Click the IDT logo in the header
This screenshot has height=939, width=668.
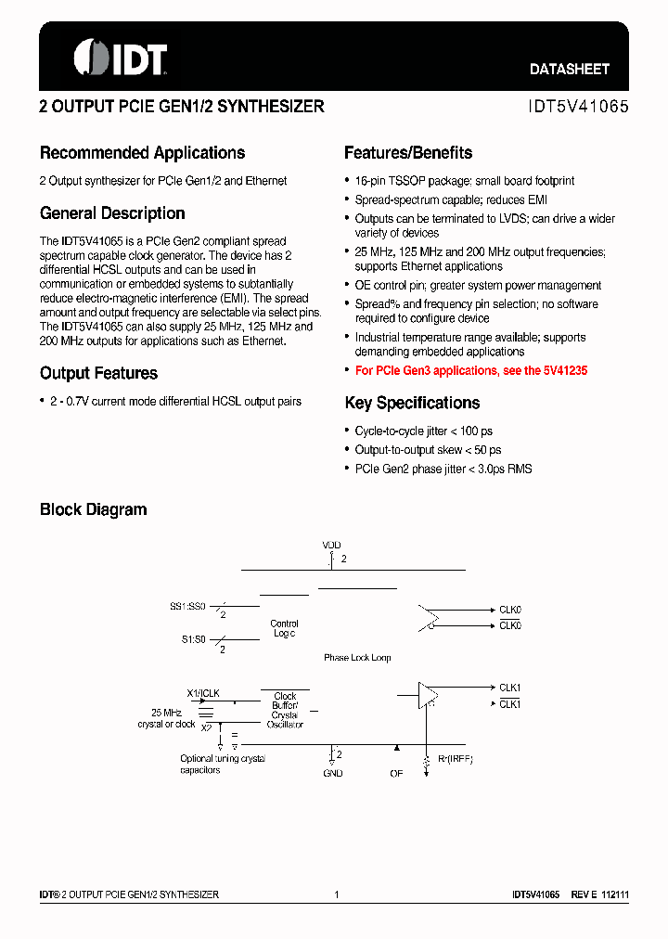pos(120,58)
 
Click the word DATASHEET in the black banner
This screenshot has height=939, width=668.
pos(570,70)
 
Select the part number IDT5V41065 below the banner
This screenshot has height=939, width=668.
pos(578,107)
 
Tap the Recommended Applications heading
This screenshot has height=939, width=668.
pos(142,153)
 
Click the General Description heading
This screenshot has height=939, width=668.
pos(112,213)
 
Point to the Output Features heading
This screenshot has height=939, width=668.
pos(98,373)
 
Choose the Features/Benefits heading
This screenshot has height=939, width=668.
pos(408,153)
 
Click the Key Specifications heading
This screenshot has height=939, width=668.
pos(412,403)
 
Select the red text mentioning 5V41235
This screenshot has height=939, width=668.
pos(471,370)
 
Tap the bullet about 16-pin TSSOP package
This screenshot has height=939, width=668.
pos(464,181)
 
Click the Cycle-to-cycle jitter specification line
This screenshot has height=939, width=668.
pos(423,431)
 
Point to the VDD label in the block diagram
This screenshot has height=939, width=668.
pos(331,546)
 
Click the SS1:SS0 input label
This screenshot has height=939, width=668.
pos(186,606)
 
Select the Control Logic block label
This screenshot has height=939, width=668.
pos(284,628)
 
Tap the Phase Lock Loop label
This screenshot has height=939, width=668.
pos(357,658)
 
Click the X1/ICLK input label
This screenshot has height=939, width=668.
pos(203,693)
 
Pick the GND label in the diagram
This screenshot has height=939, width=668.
pos(332,773)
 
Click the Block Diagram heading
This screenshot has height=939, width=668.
pos(93,509)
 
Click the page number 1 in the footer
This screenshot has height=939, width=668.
pos(337,894)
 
